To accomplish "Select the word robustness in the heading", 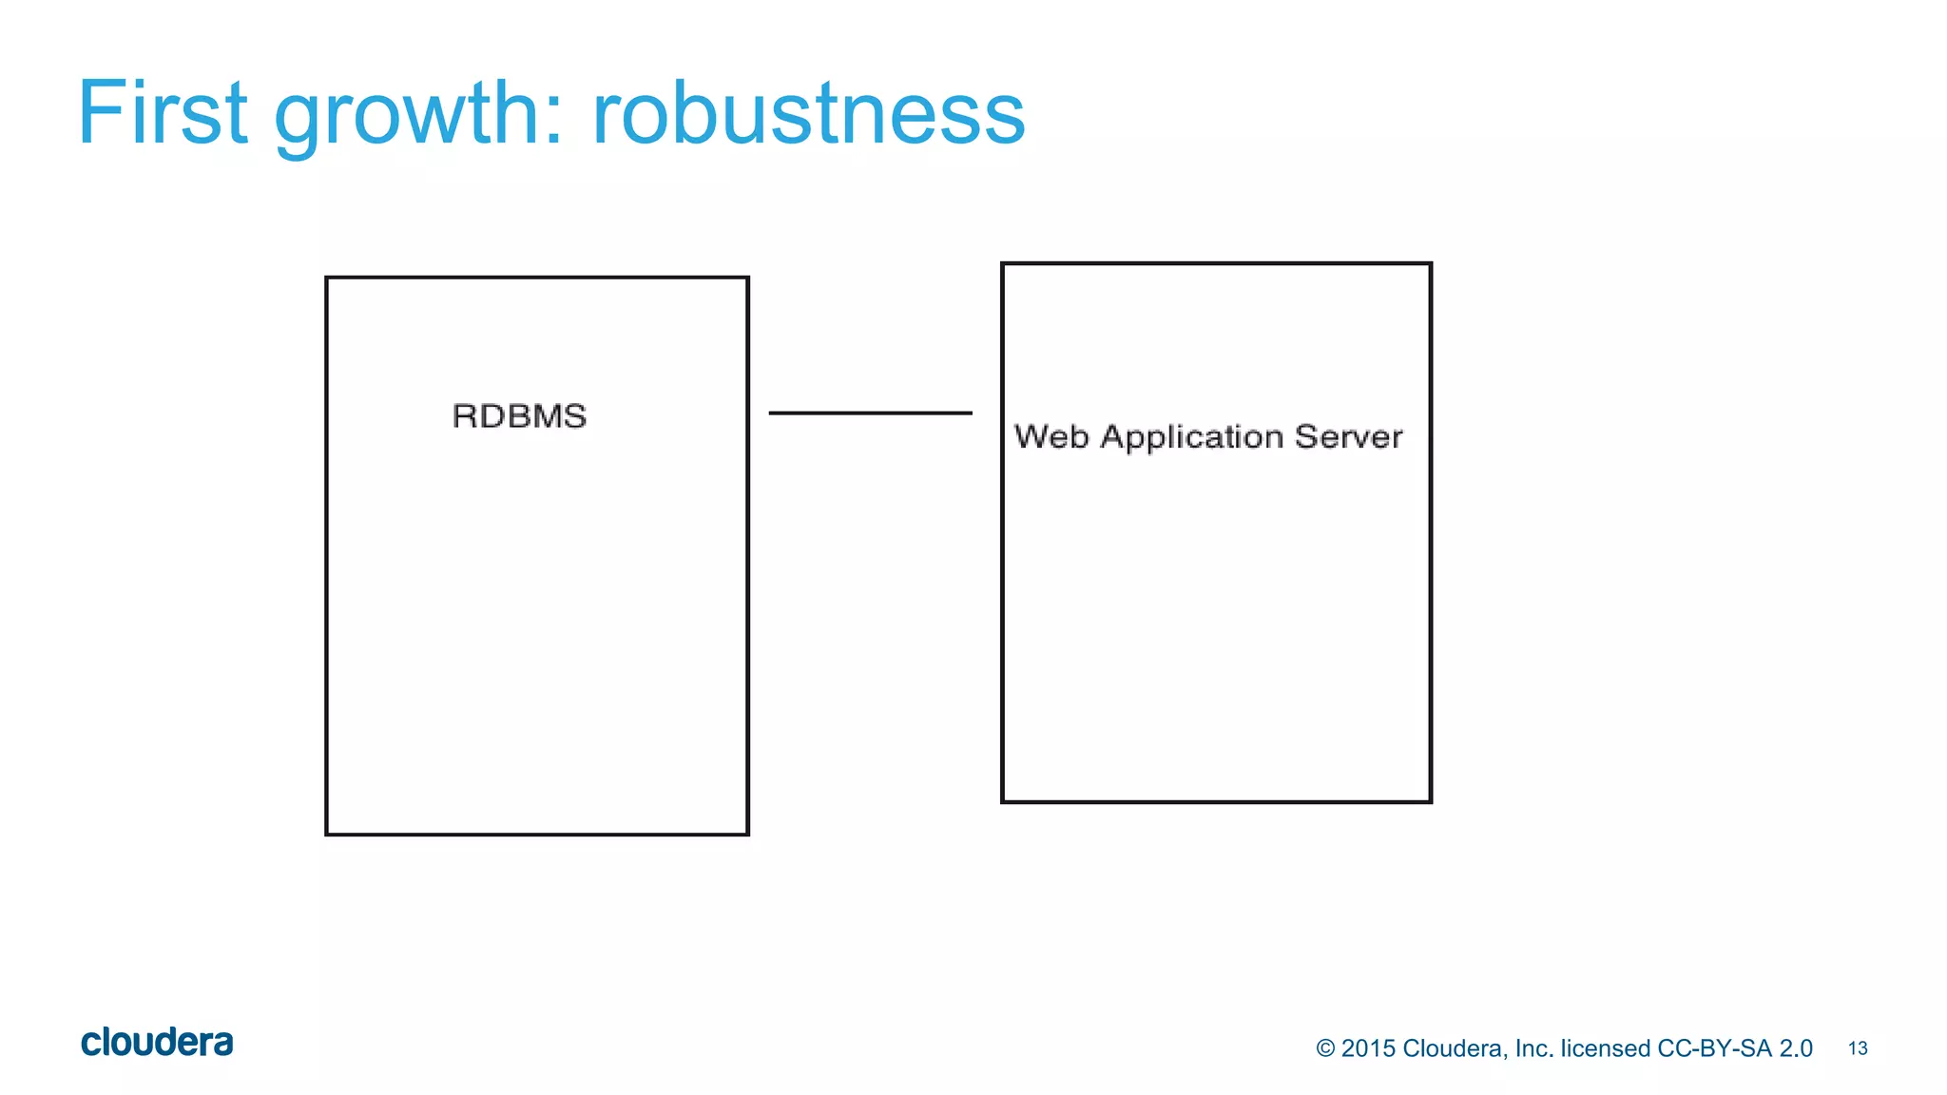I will pos(808,114).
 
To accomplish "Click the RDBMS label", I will pos(519,416).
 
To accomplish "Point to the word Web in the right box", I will pos(1051,437).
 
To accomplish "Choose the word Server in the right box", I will pos(1348,437).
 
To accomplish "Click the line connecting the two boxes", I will pos(870,413).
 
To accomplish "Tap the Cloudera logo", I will pos(157,1043).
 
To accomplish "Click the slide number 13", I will pos(1858,1048).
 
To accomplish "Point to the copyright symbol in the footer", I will pos(1325,1048).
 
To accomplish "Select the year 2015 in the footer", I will pos(1368,1048).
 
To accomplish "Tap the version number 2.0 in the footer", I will pos(1795,1048).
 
